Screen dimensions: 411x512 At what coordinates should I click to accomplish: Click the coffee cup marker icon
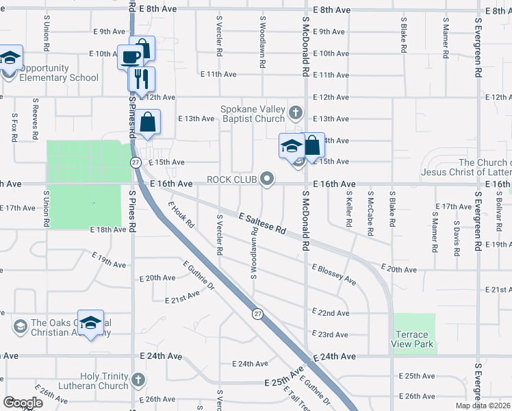pyautogui.click(x=131, y=57)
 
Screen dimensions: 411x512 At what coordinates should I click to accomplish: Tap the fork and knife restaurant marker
pyautogui.click(x=142, y=78)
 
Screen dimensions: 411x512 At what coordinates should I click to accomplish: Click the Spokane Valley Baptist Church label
pyautogui.click(x=251, y=114)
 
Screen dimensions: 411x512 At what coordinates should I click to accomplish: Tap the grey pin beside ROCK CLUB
pyautogui.click(x=268, y=179)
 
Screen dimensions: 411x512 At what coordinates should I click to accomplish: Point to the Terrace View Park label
pyautogui.click(x=414, y=339)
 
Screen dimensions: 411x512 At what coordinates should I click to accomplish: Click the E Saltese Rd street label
pyautogui.click(x=262, y=224)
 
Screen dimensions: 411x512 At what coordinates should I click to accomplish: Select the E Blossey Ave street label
pyautogui.click(x=333, y=275)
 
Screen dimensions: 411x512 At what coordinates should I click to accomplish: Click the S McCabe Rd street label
pyautogui.click(x=370, y=213)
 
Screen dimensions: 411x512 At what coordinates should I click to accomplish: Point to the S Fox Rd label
pyautogui.click(x=14, y=128)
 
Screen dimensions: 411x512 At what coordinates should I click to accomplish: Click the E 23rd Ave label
pyautogui.click(x=333, y=334)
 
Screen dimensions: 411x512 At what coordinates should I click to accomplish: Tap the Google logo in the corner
pyautogui.click(x=23, y=402)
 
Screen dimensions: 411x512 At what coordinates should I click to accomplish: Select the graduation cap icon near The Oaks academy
pyautogui.click(x=90, y=323)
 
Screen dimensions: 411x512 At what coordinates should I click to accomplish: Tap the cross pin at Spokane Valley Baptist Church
pyautogui.click(x=296, y=112)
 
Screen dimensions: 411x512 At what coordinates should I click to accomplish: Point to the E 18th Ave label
pyautogui.click(x=108, y=230)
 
